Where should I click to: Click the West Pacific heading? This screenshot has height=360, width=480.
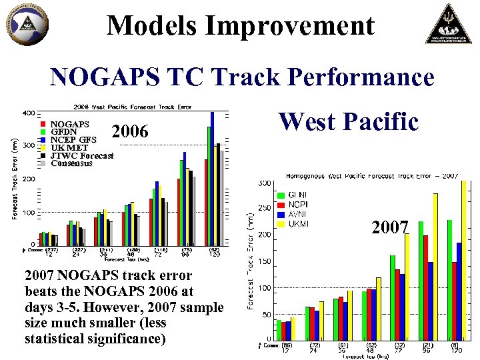pos(348,122)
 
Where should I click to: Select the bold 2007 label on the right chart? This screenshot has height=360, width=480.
pos(390,229)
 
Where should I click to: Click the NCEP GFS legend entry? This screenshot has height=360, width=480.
pos(73,140)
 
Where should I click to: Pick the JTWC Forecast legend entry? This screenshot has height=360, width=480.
pos(82,156)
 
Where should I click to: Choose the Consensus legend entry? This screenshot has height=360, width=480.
pos(71,163)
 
